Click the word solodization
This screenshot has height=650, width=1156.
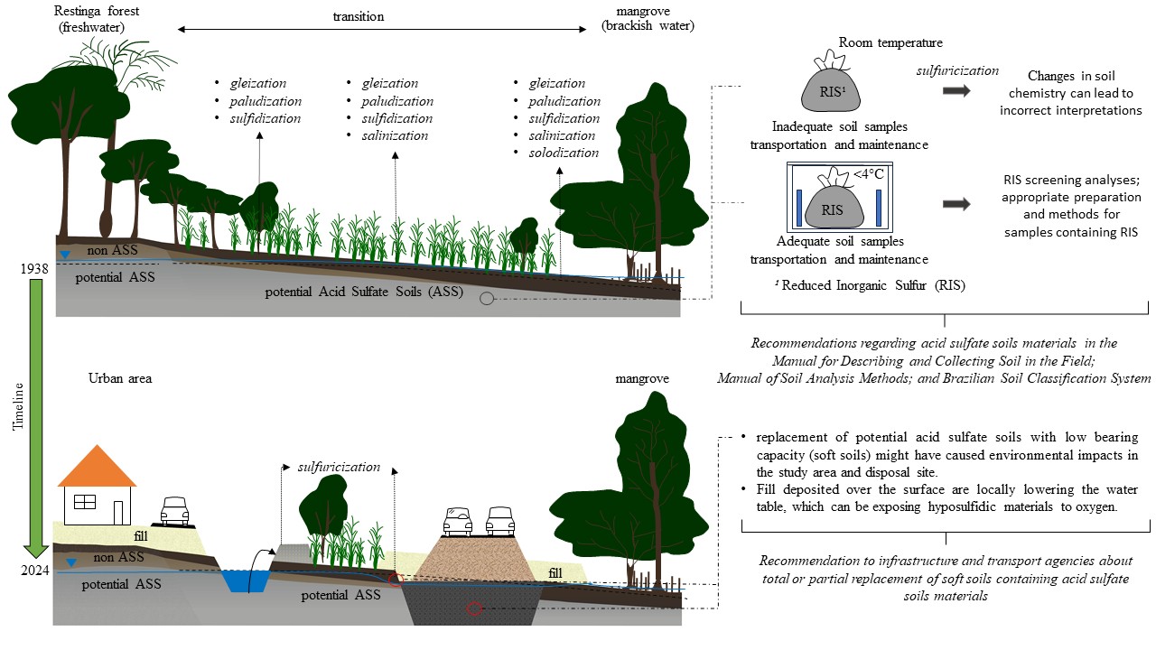coord(564,153)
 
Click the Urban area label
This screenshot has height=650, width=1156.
coord(120,378)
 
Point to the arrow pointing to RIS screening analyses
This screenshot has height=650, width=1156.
coord(956,204)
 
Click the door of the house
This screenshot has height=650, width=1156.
coord(117,512)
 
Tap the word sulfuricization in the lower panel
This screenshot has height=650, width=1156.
coord(339,468)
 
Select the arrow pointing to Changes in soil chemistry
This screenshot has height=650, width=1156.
coord(956,90)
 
